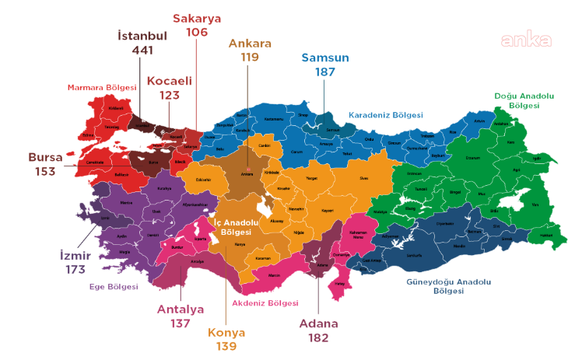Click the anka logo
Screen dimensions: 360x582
pos(526,40)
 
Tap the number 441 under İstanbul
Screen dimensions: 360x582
pos(142,51)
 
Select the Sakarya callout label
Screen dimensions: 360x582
pos(197,18)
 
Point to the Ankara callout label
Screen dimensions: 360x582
pos(249,44)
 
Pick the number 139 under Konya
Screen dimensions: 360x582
pos(226,346)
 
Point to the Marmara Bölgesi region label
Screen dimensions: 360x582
pos(96,87)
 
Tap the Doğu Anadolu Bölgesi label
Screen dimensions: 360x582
pos(524,100)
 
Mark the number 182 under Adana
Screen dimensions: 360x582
pos(319,337)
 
